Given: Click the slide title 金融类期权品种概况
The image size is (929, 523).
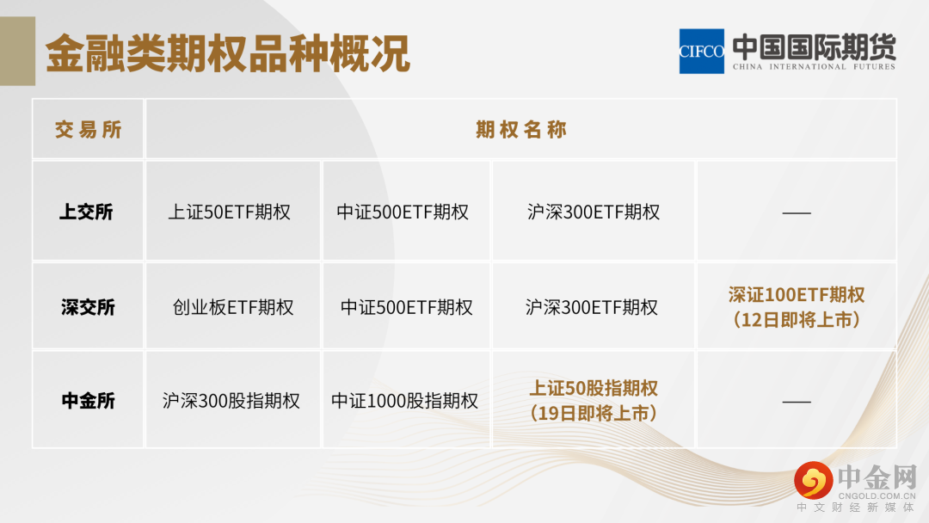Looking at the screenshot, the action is [x=227, y=53].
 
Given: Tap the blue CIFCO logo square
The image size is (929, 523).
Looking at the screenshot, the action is [x=702, y=52].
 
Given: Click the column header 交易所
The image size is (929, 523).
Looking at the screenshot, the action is [x=89, y=129].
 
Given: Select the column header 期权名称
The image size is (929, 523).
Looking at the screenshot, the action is [x=521, y=129].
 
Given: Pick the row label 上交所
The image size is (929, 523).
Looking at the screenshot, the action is [x=87, y=212].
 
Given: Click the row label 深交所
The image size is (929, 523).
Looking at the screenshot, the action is [x=88, y=307].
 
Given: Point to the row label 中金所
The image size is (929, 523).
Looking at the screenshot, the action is [x=89, y=400].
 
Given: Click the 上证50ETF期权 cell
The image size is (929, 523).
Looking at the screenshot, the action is [x=230, y=212].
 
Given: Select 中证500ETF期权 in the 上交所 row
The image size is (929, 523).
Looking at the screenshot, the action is [x=403, y=212].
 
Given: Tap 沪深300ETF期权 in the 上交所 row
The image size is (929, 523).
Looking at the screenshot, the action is [x=593, y=212].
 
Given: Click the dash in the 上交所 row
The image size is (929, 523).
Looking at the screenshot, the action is [x=797, y=212].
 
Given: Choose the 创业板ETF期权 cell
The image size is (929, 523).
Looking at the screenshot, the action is [x=233, y=307].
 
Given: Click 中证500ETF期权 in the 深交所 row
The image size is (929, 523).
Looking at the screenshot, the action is [x=406, y=307].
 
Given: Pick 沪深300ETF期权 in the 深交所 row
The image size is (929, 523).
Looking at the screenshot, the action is [x=591, y=307].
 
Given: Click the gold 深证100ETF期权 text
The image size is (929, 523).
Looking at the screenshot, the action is [x=797, y=294].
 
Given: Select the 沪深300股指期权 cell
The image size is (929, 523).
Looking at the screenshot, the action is [x=231, y=400].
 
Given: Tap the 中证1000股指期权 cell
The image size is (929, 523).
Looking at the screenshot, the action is [x=404, y=400].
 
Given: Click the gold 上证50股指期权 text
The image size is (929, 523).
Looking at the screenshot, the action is [x=593, y=388].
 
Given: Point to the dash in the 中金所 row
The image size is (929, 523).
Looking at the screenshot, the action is [x=797, y=402].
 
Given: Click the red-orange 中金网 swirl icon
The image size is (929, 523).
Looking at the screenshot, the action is [x=814, y=480].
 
